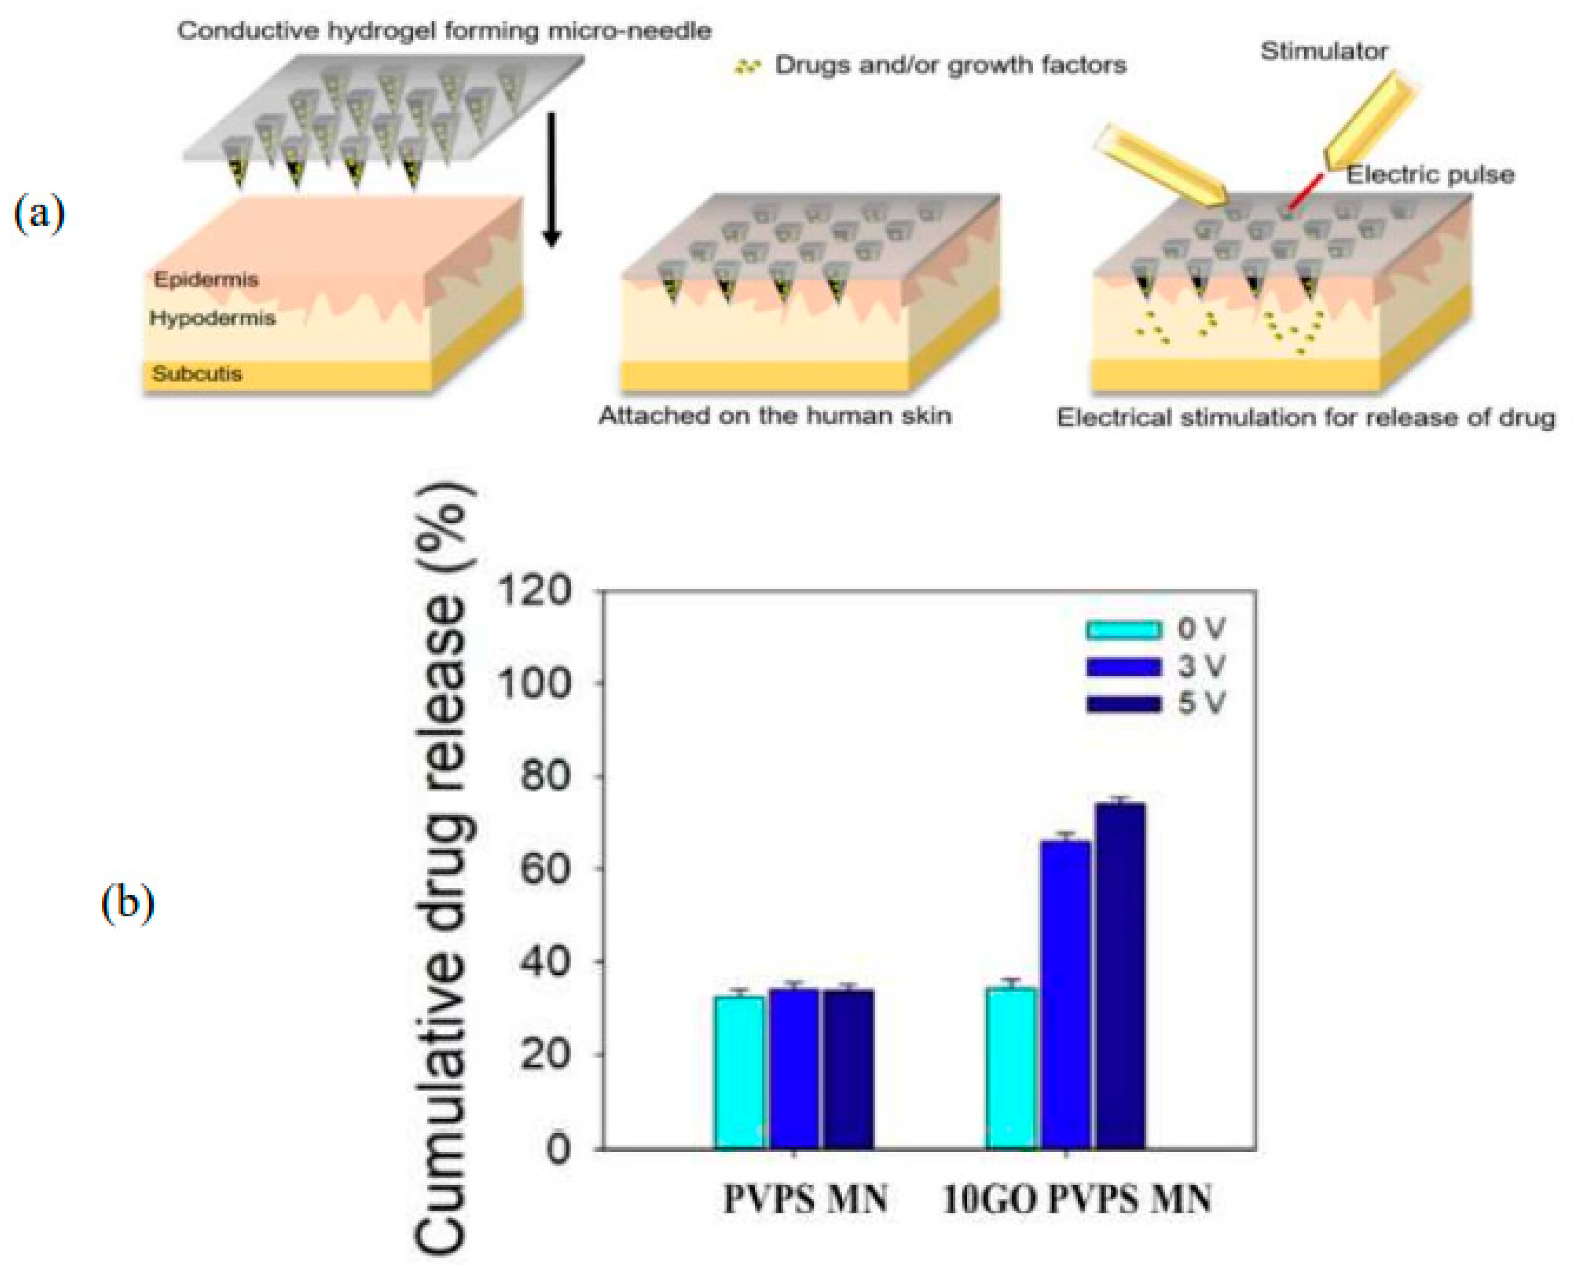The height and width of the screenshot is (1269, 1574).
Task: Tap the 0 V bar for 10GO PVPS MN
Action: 1012,1067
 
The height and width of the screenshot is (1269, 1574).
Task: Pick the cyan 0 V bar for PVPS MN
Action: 740,1072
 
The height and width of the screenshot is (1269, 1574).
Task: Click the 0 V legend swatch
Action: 1124,629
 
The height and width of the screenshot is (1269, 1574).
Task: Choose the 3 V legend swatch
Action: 1124,667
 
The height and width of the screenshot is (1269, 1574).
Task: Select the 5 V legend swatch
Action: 1124,703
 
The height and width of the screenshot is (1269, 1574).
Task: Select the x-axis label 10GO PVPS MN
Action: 1076,1200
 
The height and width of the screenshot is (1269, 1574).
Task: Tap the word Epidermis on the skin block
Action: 206,279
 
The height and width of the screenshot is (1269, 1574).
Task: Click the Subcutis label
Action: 197,374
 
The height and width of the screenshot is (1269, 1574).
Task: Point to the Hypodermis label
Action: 212,318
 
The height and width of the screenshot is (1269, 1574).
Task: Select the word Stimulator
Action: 1324,51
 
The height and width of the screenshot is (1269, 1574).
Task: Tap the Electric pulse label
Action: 1430,175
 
